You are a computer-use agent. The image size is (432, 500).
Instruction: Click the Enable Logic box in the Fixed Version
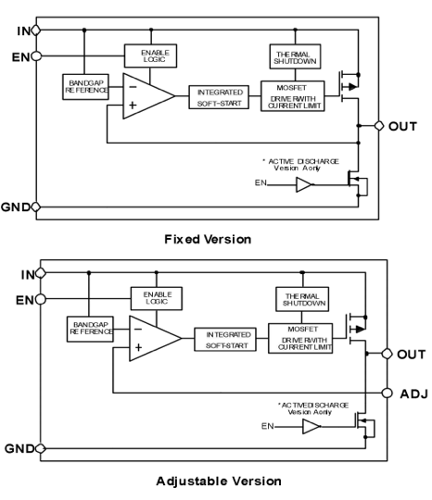(x=150, y=56)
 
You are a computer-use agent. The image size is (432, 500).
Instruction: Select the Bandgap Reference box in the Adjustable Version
(x=90, y=329)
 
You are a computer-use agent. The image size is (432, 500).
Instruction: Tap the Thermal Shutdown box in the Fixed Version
(x=295, y=56)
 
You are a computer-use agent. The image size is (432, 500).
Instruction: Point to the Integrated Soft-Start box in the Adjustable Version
(x=225, y=339)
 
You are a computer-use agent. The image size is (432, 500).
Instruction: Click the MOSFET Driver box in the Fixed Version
(x=293, y=96)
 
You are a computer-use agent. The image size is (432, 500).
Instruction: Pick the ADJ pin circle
(x=387, y=393)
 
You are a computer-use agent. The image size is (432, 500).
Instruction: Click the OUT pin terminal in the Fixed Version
(x=379, y=126)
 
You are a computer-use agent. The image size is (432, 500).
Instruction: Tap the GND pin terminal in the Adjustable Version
(x=41, y=448)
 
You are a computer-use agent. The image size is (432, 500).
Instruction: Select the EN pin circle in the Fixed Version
(x=36, y=56)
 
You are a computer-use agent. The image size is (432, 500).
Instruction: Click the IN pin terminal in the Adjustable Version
(x=41, y=273)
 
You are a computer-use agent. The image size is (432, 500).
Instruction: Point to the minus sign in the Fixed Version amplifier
(x=133, y=87)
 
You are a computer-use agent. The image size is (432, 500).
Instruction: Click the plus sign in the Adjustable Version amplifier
(x=138, y=347)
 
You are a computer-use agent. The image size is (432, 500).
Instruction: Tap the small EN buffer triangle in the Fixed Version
(x=303, y=184)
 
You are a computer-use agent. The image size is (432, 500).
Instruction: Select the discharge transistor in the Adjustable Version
(x=364, y=425)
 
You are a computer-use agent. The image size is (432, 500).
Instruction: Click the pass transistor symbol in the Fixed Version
(x=349, y=86)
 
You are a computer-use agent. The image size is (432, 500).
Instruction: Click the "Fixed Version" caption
(x=208, y=239)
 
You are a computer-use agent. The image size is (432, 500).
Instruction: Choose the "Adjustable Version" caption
(x=219, y=481)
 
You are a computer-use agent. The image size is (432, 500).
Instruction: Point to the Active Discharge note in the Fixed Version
(x=300, y=165)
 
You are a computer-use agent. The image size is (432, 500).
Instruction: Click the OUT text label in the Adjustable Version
(x=412, y=354)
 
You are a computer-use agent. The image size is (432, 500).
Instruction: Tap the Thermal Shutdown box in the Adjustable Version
(x=302, y=299)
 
